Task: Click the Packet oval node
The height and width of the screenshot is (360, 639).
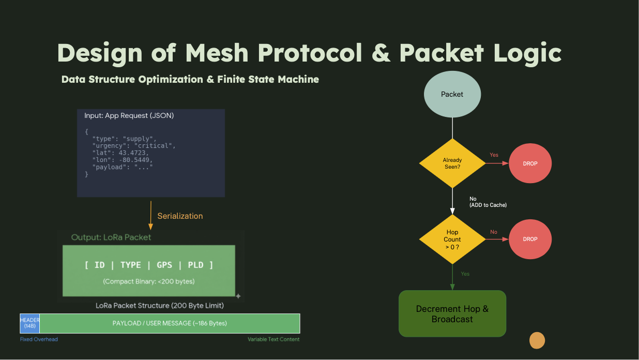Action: [x=452, y=94]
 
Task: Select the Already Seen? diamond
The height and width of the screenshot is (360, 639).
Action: [x=452, y=163]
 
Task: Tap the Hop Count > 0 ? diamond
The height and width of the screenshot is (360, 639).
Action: [x=452, y=239]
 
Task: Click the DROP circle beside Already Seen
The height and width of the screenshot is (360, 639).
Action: [x=530, y=163]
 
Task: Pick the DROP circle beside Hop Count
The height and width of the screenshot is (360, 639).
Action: [x=530, y=239]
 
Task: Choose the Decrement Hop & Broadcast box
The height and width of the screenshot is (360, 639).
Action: [x=452, y=314]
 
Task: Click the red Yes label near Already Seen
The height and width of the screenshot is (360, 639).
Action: [x=494, y=155]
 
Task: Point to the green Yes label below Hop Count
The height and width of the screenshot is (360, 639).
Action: [x=465, y=274]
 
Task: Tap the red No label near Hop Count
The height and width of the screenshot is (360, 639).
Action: [x=494, y=232]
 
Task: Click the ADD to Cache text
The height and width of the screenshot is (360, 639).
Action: [x=488, y=205]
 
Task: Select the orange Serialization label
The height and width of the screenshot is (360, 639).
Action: [x=180, y=216]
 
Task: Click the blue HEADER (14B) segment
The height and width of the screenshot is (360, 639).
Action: [x=30, y=323]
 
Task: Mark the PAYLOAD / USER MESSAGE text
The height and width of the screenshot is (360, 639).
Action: [x=170, y=323]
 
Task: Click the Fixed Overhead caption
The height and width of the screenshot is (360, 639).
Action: [x=39, y=339]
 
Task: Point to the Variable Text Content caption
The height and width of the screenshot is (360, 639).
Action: [x=273, y=339]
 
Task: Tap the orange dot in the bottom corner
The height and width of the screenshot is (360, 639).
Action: [x=537, y=340]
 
